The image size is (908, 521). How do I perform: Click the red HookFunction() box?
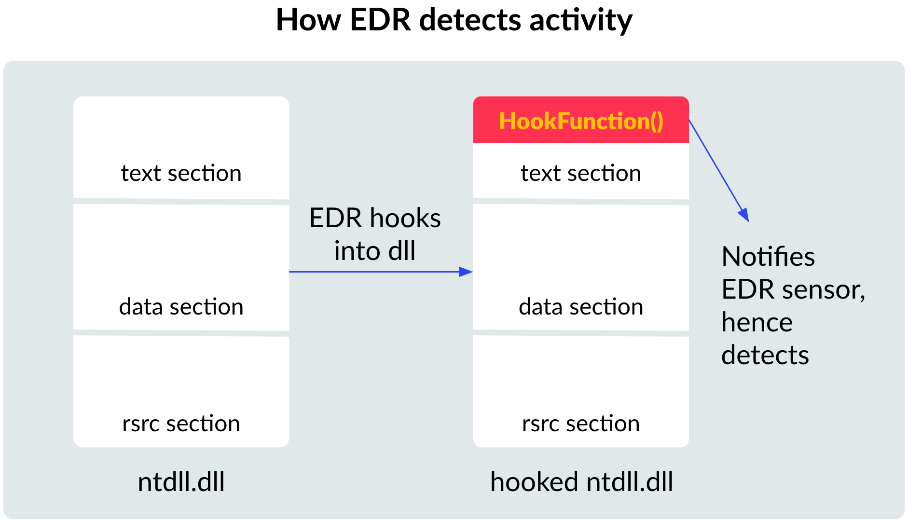point(581,121)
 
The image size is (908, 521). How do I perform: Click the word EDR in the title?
point(380,20)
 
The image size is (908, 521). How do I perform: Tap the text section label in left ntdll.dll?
point(181,173)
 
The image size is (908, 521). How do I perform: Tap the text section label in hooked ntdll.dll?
point(581,173)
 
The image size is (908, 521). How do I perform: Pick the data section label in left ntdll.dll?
point(181,307)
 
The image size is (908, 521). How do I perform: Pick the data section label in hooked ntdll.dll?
point(581,307)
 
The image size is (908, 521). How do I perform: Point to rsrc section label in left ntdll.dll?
point(181,424)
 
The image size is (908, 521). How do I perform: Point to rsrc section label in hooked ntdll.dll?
point(581,424)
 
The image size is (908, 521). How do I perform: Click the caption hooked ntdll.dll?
point(581,481)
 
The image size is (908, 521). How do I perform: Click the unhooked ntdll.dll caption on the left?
point(181,481)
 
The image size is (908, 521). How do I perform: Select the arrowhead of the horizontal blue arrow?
point(466,272)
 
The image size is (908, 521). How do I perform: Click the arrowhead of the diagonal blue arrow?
point(744,215)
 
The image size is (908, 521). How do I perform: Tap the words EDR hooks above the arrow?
point(375,218)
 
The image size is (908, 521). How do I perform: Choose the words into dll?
point(375,251)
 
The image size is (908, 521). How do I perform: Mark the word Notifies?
point(768,257)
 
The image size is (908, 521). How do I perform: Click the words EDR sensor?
point(793,289)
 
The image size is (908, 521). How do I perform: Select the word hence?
point(757,322)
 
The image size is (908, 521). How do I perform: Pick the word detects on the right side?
point(765,355)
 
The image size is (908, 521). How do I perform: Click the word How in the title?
point(308,20)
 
